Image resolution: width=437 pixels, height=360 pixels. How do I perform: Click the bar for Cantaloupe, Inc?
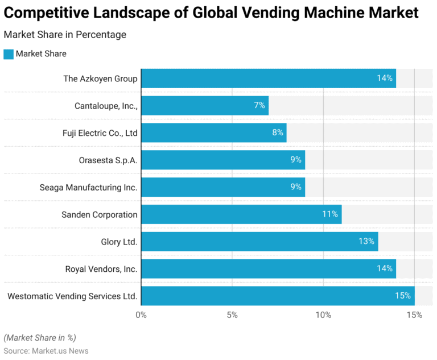(204, 105)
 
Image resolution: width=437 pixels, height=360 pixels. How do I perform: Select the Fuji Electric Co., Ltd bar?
(213, 133)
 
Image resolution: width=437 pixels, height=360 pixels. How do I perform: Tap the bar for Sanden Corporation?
(241, 214)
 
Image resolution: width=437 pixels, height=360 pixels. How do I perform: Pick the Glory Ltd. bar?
(259, 242)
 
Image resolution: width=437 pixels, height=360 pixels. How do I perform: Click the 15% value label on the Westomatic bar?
(403, 296)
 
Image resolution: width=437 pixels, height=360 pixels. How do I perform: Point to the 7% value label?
(259, 105)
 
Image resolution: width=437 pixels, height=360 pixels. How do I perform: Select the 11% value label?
(330, 214)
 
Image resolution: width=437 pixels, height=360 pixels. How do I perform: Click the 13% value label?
(366, 242)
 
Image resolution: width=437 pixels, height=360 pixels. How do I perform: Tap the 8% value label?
(278, 133)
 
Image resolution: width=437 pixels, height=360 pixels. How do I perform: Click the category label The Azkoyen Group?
(100, 78)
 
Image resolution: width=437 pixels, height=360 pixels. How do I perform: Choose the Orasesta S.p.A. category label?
(108, 160)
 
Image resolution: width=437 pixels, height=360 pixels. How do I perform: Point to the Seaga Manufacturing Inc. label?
(88, 187)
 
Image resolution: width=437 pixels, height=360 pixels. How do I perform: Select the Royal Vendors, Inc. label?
(101, 269)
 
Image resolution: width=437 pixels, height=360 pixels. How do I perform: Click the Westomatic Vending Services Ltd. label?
(72, 296)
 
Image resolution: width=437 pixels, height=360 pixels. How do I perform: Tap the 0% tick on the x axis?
(141, 315)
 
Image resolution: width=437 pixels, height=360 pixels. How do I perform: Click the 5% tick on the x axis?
(232, 315)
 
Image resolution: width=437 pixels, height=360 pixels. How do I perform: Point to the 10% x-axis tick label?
(323, 315)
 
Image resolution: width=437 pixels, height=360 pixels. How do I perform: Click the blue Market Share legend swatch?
(8, 54)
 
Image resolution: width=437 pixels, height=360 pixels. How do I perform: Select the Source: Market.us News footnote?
(46, 351)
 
